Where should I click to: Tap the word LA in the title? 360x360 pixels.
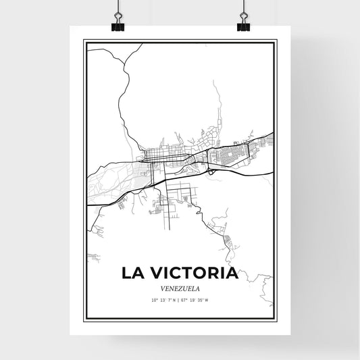[132, 274]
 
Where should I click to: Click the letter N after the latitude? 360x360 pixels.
[174, 299]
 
